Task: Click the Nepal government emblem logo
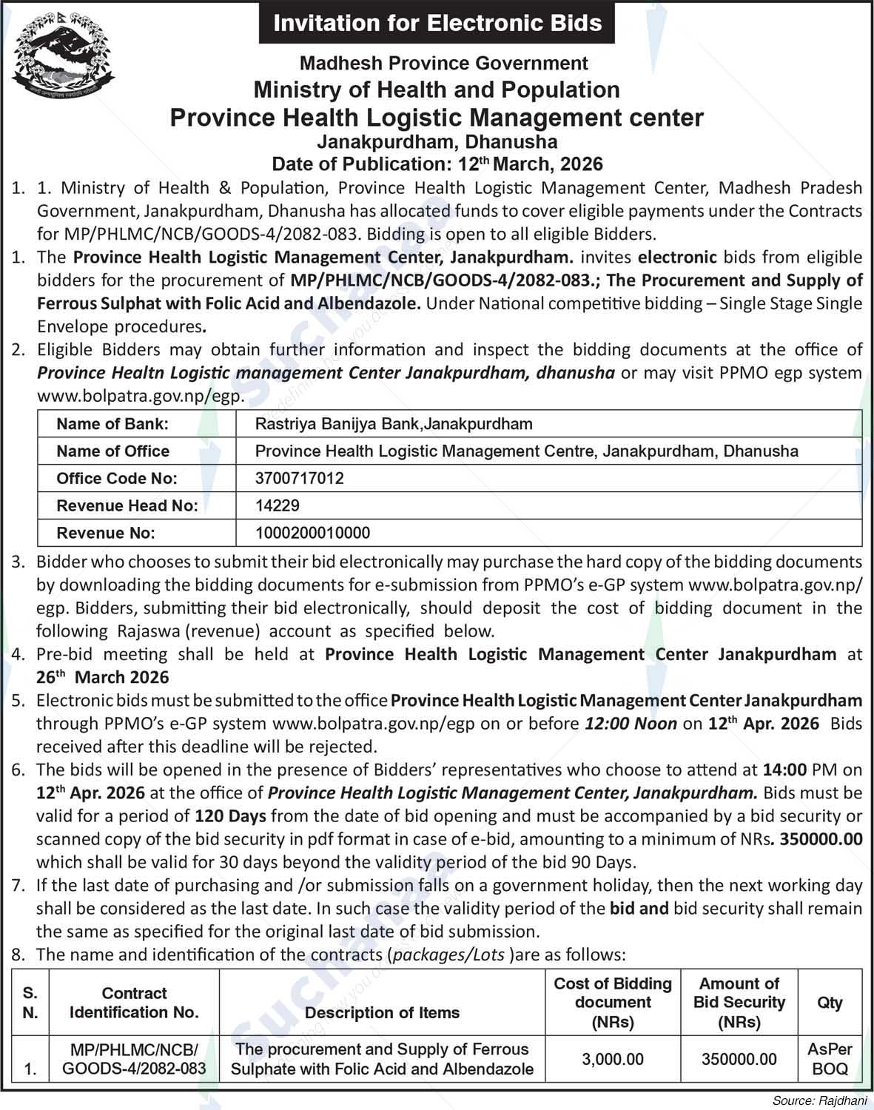point(64,56)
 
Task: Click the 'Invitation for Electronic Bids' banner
point(437,23)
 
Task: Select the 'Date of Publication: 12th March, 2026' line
point(437,164)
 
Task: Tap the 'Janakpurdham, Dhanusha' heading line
point(437,141)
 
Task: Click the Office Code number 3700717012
point(299,478)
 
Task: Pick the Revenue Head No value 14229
point(278,505)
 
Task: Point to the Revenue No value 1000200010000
point(312,533)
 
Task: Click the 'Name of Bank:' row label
point(112,424)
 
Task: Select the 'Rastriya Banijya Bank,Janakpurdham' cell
point(393,424)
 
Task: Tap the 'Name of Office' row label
point(112,451)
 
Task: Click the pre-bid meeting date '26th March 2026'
point(103,677)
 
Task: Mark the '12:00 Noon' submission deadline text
point(631,724)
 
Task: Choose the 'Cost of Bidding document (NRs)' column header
point(612,1002)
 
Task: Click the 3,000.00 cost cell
point(612,1060)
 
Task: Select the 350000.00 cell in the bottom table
point(739,1060)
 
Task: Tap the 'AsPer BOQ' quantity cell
point(830,1059)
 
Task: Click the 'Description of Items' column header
point(382,1012)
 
